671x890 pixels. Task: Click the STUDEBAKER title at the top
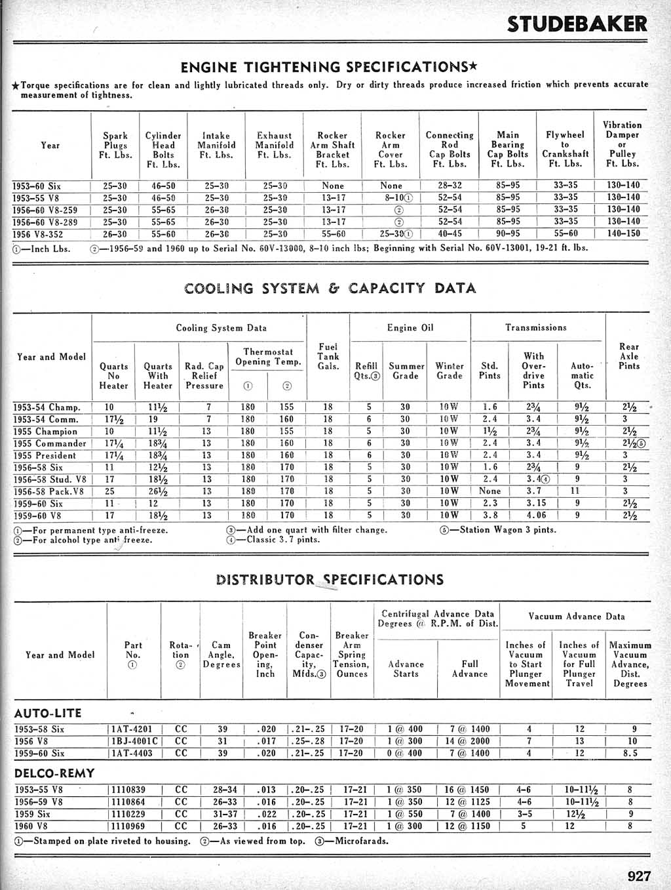coord(577,24)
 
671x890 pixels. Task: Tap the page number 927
coord(638,876)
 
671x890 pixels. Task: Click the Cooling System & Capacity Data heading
coord(330,288)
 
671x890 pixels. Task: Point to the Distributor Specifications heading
coord(330,579)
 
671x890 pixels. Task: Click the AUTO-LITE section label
coord(48,713)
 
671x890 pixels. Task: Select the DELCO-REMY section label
coord(54,773)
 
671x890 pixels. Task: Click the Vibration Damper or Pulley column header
coord(622,144)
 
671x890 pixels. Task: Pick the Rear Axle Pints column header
coord(628,356)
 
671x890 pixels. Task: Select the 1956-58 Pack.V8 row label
coord(49,491)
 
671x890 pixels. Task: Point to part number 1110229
coord(128,814)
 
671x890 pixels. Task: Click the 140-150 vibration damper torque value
coord(623,234)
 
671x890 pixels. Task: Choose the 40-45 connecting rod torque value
coord(450,234)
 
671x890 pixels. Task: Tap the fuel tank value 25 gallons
coord(109,491)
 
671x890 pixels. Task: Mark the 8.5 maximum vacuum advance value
coord(630,754)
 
